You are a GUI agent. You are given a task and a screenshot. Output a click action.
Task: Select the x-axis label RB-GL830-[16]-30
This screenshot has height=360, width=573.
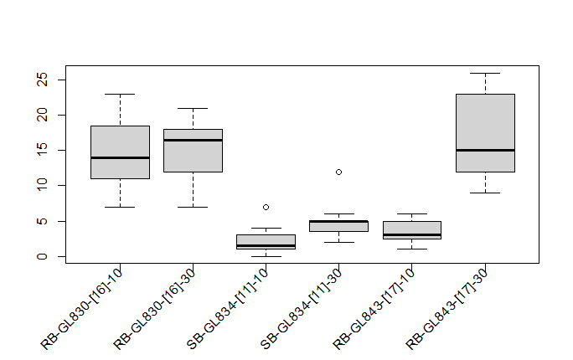coord(156,307)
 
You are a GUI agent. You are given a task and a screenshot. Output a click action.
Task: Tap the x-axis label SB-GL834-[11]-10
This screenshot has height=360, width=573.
coord(229,307)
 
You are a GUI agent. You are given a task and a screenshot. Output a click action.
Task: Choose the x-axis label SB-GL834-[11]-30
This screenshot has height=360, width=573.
coord(302,307)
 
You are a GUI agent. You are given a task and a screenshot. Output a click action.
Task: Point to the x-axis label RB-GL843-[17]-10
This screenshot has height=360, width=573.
coord(374,307)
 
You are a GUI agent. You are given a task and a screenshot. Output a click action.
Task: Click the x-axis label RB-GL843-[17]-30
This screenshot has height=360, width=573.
coord(447,307)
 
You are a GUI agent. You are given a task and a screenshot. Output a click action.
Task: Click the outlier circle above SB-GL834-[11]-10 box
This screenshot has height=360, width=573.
coord(266,207)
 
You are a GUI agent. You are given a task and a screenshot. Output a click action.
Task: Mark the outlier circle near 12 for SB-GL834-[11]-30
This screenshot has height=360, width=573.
coord(338,172)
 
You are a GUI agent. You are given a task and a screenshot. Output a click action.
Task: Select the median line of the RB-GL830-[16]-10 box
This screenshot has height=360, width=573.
coord(120,157)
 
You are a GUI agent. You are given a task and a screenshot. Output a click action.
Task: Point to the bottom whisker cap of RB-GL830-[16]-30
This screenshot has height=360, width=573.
coord(193,207)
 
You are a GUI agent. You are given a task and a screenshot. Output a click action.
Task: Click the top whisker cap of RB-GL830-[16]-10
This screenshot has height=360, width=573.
coord(120,94)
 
